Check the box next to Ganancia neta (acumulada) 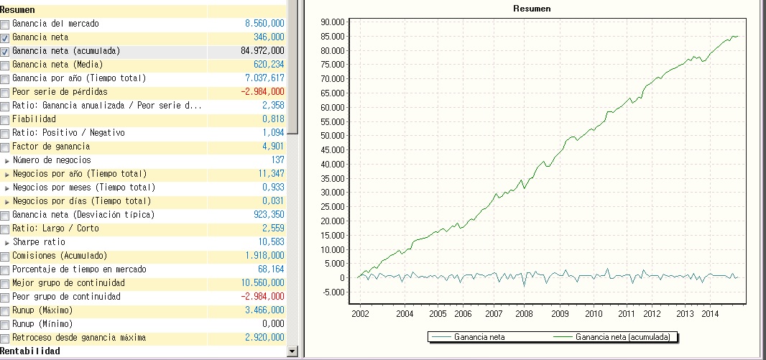click(5, 51)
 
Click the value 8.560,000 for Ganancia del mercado click(264, 24)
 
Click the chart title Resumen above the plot click(532, 8)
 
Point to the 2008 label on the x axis click(523, 314)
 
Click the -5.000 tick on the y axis click(335, 292)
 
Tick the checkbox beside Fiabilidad click(5, 119)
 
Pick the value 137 click(277, 160)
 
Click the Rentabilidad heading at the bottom click(30, 351)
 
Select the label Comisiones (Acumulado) click(60, 256)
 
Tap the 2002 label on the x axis click(360, 314)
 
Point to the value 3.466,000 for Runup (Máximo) click(264, 310)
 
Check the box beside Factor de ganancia click(5, 147)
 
